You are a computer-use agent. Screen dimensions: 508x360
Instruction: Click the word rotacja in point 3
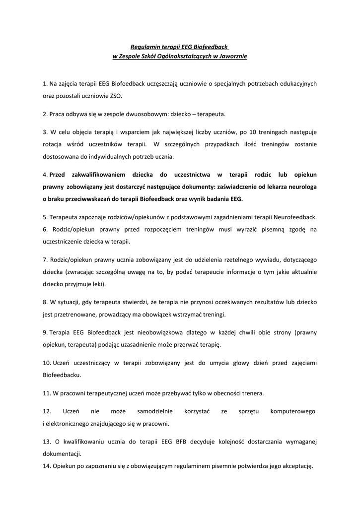(54, 144)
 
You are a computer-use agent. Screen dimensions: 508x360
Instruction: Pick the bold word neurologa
(300, 187)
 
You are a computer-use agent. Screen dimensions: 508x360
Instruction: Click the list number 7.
(45, 259)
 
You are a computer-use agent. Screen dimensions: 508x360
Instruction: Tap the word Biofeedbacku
(62, 375)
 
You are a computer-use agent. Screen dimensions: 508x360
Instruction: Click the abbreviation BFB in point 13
(183, 442)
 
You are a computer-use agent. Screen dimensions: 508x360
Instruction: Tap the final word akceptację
(296, 466)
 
